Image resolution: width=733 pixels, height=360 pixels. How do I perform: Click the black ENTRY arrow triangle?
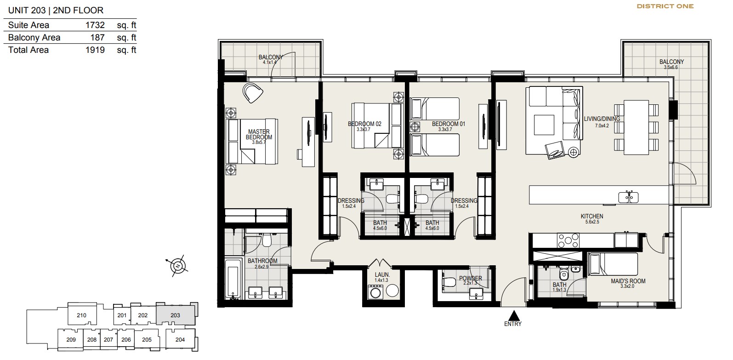[x=514, y=315]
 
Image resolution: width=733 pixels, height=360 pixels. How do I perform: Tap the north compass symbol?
[x=178, y=266]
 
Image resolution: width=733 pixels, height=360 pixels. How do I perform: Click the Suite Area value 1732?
[x=95, y=25]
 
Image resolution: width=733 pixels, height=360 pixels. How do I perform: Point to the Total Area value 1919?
[x=95, y=50]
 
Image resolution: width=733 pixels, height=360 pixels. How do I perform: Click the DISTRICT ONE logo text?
[x=665, y=6]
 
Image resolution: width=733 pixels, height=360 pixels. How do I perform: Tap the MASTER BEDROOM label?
[x=259, y=135]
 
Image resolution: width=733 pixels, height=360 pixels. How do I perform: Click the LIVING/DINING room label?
[x=602, y=119]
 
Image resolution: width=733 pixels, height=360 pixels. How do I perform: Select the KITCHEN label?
[x=592, y=216]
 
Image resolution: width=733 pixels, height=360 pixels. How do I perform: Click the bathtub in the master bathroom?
[x=233, y=279]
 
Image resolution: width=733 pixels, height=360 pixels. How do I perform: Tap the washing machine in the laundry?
[x=375, y=292]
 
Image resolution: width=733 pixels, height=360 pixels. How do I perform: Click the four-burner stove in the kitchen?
[x=568, y=240]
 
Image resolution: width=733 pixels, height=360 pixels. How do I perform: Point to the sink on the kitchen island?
[x=628, y=197]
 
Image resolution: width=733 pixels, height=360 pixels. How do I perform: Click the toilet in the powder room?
[x=449, y=282]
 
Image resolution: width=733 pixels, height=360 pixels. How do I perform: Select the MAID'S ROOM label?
[x=628, y=281]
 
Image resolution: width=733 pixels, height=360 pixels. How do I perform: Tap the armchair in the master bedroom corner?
[x=253, y=92]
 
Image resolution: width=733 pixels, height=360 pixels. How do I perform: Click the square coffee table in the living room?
[x=544, y=125]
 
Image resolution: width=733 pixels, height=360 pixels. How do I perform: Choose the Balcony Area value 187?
[x=97, y=37]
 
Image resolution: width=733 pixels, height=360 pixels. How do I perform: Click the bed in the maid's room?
[x=613, y=264]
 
